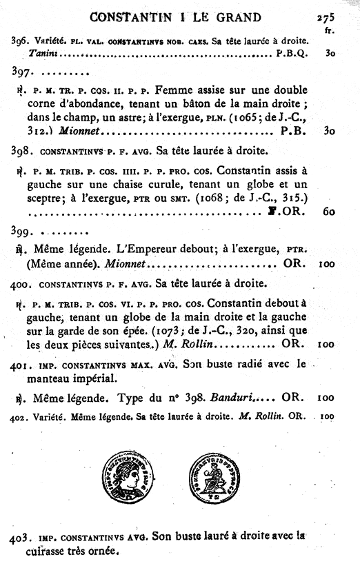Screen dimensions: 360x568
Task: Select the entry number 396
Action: [20, 41]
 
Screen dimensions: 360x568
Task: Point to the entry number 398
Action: [21, 150]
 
